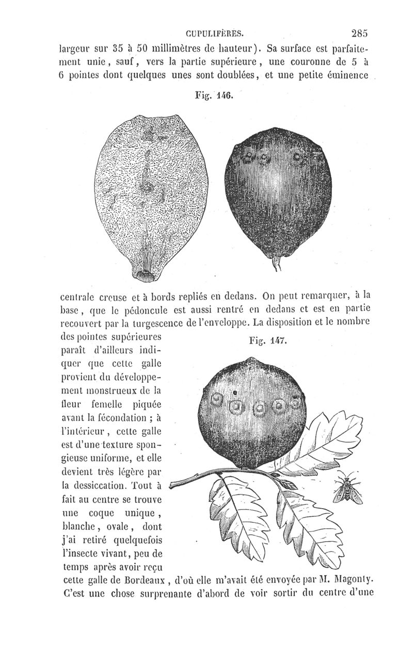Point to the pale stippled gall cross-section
tap(147, 196)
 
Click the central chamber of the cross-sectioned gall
tap(149, 189)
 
